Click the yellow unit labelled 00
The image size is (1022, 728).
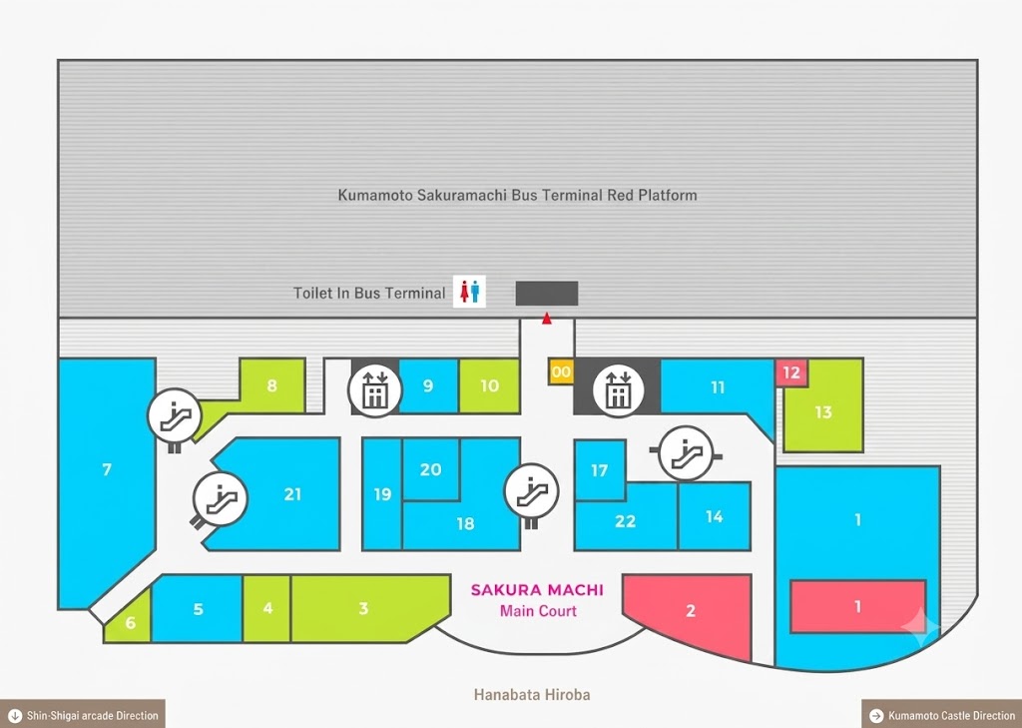pos(561,371)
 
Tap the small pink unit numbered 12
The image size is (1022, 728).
pos(791,372)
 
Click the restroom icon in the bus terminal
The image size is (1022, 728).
pos(469,292)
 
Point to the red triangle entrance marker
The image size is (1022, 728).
pos(547,319)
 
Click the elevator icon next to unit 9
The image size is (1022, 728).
pos(375,390)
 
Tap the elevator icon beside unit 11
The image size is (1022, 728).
pos(618,390)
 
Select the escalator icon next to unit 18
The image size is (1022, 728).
pos(532,490)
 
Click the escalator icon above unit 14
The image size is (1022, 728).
pos(686,452)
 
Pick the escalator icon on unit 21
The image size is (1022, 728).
pos(221,499)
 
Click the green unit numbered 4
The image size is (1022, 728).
pos(266,608)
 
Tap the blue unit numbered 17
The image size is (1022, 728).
pos(600,469)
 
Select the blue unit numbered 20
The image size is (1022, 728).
pos(431,469)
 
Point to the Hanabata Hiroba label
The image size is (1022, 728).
pos(532,695)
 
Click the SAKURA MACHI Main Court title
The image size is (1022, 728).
pos(538,600)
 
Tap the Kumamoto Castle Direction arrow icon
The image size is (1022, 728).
pos(876,716)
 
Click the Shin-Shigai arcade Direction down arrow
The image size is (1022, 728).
pos(15,716)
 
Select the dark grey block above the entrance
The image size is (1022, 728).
pos(547,294)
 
